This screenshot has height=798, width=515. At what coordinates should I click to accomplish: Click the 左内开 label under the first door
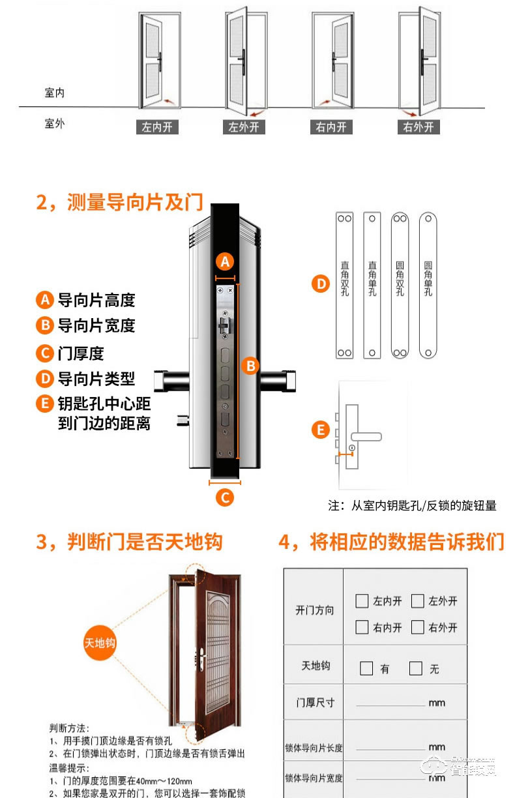pyautogui.click(x=157, y=127)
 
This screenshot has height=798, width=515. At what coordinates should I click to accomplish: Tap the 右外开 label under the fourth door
pyautogui.click(x=419, y=127)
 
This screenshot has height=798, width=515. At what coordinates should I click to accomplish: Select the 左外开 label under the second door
pyautogui.click(x=244, y=127)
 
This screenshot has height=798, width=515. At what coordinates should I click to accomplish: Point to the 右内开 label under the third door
pyautogui.click(x=331, y=127)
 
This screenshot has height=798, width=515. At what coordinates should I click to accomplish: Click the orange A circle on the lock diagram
pyautogui.click(x=225, y=261)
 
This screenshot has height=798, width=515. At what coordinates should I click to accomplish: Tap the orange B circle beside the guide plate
pyautogui.click(x=250, y=366)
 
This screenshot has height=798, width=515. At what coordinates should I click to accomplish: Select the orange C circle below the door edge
pyautogui.click(x=224, y=498)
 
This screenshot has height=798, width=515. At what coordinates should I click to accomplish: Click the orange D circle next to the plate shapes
pyautogui.click(x=320, y=284)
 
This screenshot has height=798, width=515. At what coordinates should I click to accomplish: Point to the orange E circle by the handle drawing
pyautogui.click(x=320, y=430)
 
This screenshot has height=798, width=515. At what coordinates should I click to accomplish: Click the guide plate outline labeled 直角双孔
pyautogui.click(x=344, y=285)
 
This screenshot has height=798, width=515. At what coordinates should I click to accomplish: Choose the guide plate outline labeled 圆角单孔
pyautogui.click(x=428, y=285)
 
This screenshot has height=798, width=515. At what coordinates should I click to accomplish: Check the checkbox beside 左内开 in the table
pyautogui.click(x=362, y=601)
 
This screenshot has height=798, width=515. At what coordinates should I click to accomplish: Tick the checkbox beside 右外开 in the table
pyautogui.click(x=418, y=627)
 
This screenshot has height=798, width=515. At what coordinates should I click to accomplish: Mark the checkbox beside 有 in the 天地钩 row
pyautogui.click(x=366, y=668)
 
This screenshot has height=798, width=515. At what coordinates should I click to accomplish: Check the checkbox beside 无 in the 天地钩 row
pyautogui.click(x=415, y=668)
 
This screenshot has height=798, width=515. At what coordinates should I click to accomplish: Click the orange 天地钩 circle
pyautogui.click(x=100, y=643)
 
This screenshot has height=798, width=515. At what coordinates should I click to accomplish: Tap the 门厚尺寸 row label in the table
pyautogui.click(x=315, y=703)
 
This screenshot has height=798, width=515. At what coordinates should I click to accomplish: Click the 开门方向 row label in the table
pyautogui.click(x=314, y=610)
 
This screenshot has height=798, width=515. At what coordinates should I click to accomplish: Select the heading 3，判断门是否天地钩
pyautogui.click(x=129, y=542)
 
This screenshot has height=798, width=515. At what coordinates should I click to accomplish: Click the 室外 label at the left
pyautogui.click(x=55, y=123)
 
